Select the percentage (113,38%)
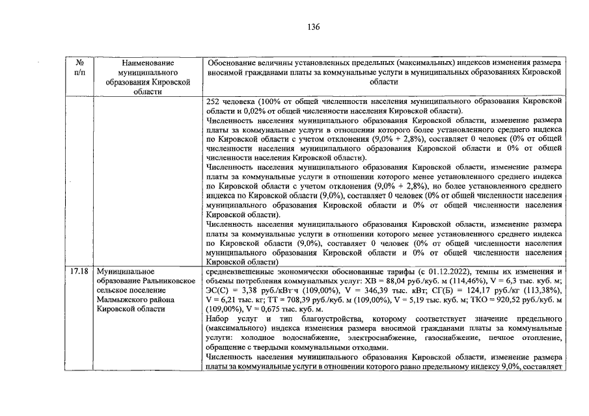543,290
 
